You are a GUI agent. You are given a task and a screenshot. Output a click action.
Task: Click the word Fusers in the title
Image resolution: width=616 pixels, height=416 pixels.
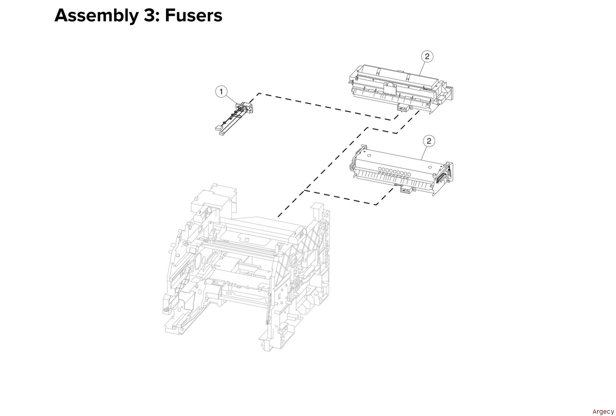click(193, 15)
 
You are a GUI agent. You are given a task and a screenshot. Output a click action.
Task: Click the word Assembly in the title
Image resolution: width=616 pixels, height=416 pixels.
click(97, 16)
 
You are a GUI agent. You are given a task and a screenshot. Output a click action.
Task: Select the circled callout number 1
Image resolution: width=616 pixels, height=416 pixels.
click(221, 91)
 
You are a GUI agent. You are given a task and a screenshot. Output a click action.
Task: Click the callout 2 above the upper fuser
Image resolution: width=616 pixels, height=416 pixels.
click(427, 56)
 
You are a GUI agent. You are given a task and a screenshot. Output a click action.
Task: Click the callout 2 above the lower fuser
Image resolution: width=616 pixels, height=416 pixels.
click(429, 141)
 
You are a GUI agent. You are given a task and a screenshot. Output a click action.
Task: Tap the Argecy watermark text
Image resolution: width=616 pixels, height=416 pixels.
click(603, 412)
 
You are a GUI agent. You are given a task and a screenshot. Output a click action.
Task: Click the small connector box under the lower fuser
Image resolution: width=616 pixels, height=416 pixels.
click(406, 190)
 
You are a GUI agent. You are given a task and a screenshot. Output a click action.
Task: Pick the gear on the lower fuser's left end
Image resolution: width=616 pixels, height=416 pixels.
click(351, 167)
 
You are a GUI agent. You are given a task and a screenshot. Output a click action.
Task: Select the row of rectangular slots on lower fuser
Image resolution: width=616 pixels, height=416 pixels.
click(394, 171)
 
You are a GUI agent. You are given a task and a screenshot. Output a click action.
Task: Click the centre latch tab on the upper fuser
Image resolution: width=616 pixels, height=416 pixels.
click(390, 89)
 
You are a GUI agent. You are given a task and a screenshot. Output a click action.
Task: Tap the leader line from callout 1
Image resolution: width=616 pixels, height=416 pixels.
click(231, 99)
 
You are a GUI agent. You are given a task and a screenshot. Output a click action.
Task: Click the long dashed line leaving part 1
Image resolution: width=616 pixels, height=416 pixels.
click(324, 106)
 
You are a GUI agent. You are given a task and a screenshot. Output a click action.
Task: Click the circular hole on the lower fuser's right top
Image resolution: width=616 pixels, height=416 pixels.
click(429, 167)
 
